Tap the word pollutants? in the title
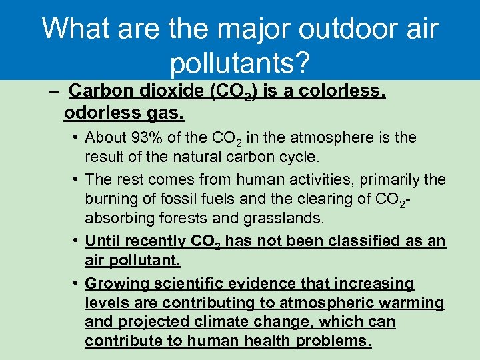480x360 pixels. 240,63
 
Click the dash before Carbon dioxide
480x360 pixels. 55,91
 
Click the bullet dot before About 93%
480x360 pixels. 78,138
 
